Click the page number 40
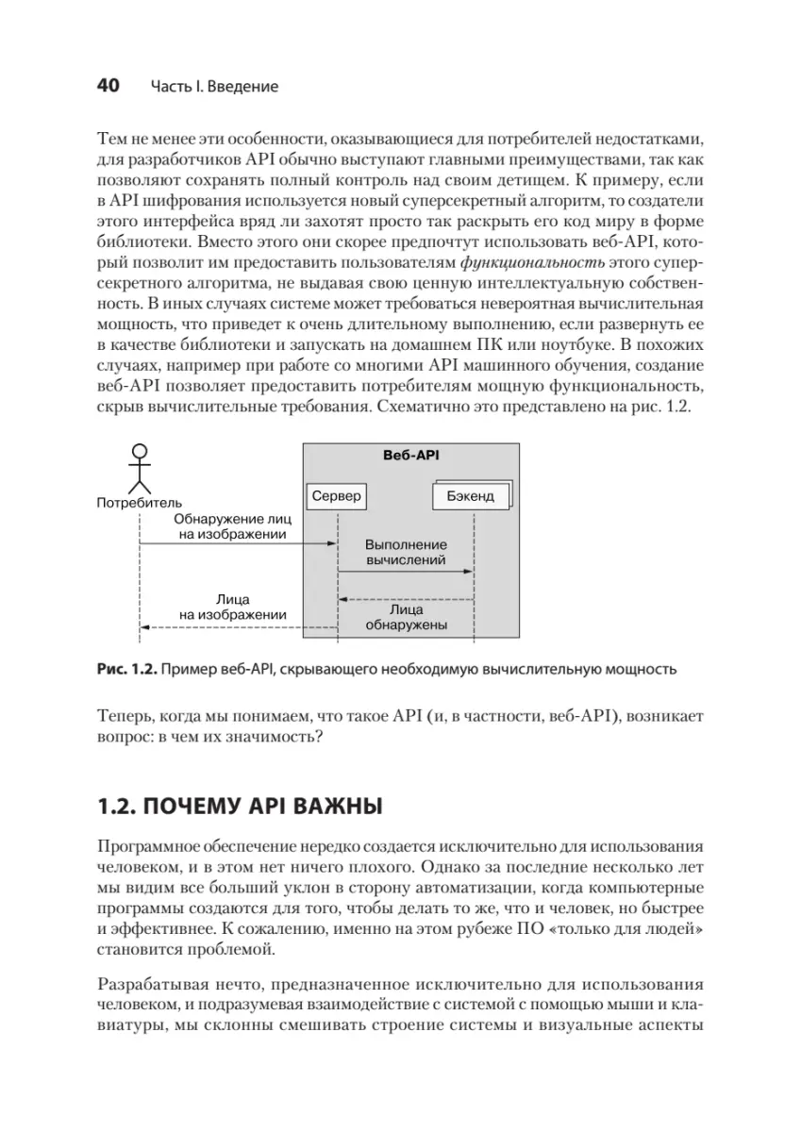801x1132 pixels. point(108,86)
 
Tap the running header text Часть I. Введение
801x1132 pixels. point(214,87)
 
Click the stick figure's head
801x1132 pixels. point(140,451)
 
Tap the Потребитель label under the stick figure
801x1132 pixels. point(140,503)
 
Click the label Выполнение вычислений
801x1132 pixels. point(406,553)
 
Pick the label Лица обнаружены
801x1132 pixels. point(406,617)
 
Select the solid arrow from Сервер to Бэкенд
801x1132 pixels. point(406,572)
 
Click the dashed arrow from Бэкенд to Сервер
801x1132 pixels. point(406,599)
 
